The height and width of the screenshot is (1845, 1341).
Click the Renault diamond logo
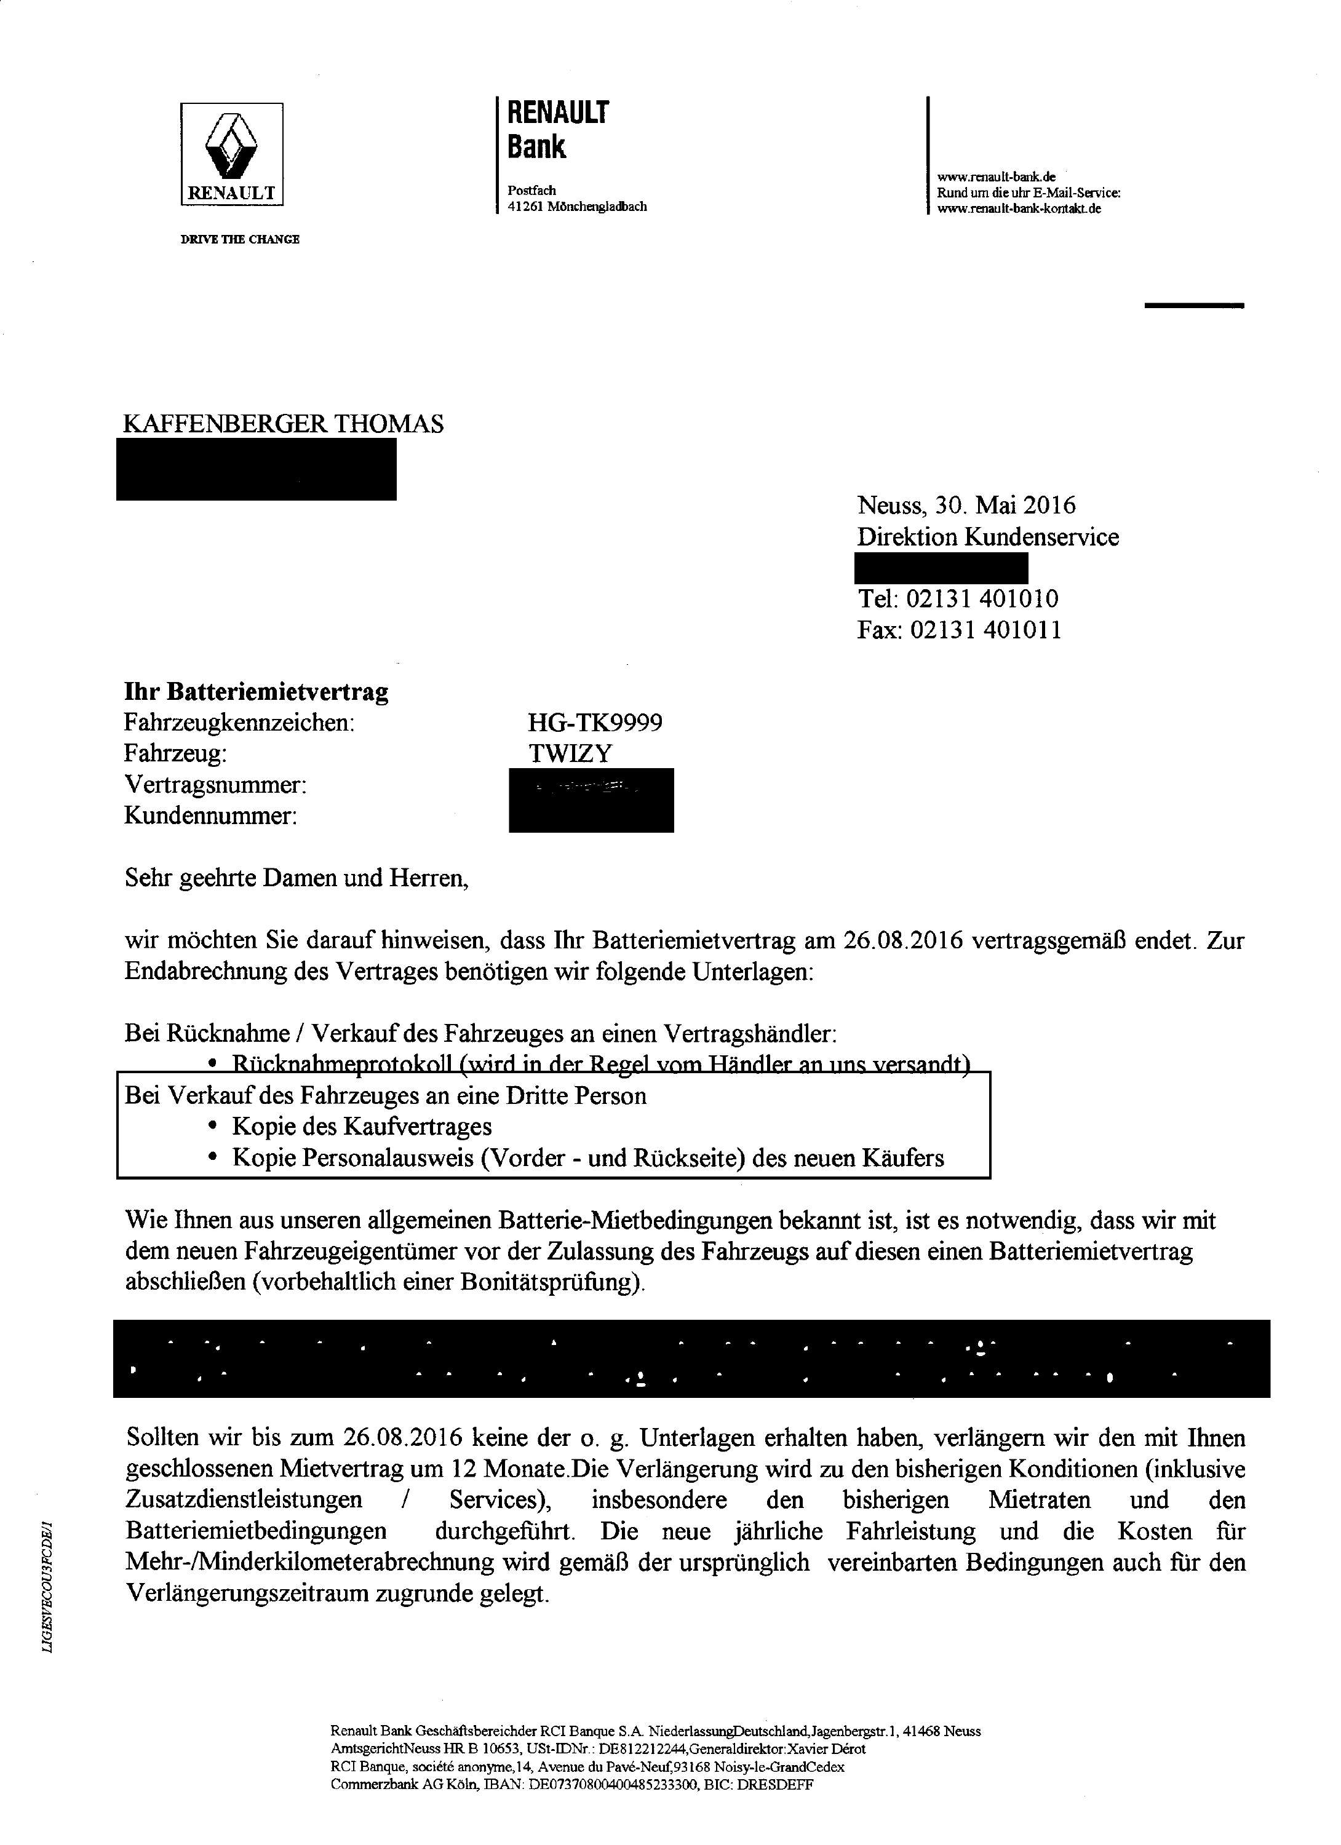231,146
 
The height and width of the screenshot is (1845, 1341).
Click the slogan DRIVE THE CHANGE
239,239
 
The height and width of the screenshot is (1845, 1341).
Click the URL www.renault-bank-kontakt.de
1019,209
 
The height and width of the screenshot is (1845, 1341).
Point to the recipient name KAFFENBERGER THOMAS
283,424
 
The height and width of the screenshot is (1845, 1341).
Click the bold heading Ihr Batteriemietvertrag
257,691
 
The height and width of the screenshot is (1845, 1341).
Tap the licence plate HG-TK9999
595,723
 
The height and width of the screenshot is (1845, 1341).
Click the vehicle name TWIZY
570,753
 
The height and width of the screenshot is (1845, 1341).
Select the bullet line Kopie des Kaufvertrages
362,1127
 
